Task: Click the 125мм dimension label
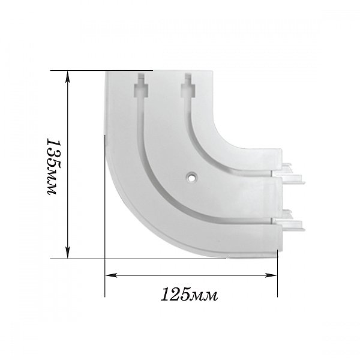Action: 189,295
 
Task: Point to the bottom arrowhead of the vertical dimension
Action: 67,253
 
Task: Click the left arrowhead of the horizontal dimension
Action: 111,275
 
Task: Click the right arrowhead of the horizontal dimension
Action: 271,275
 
